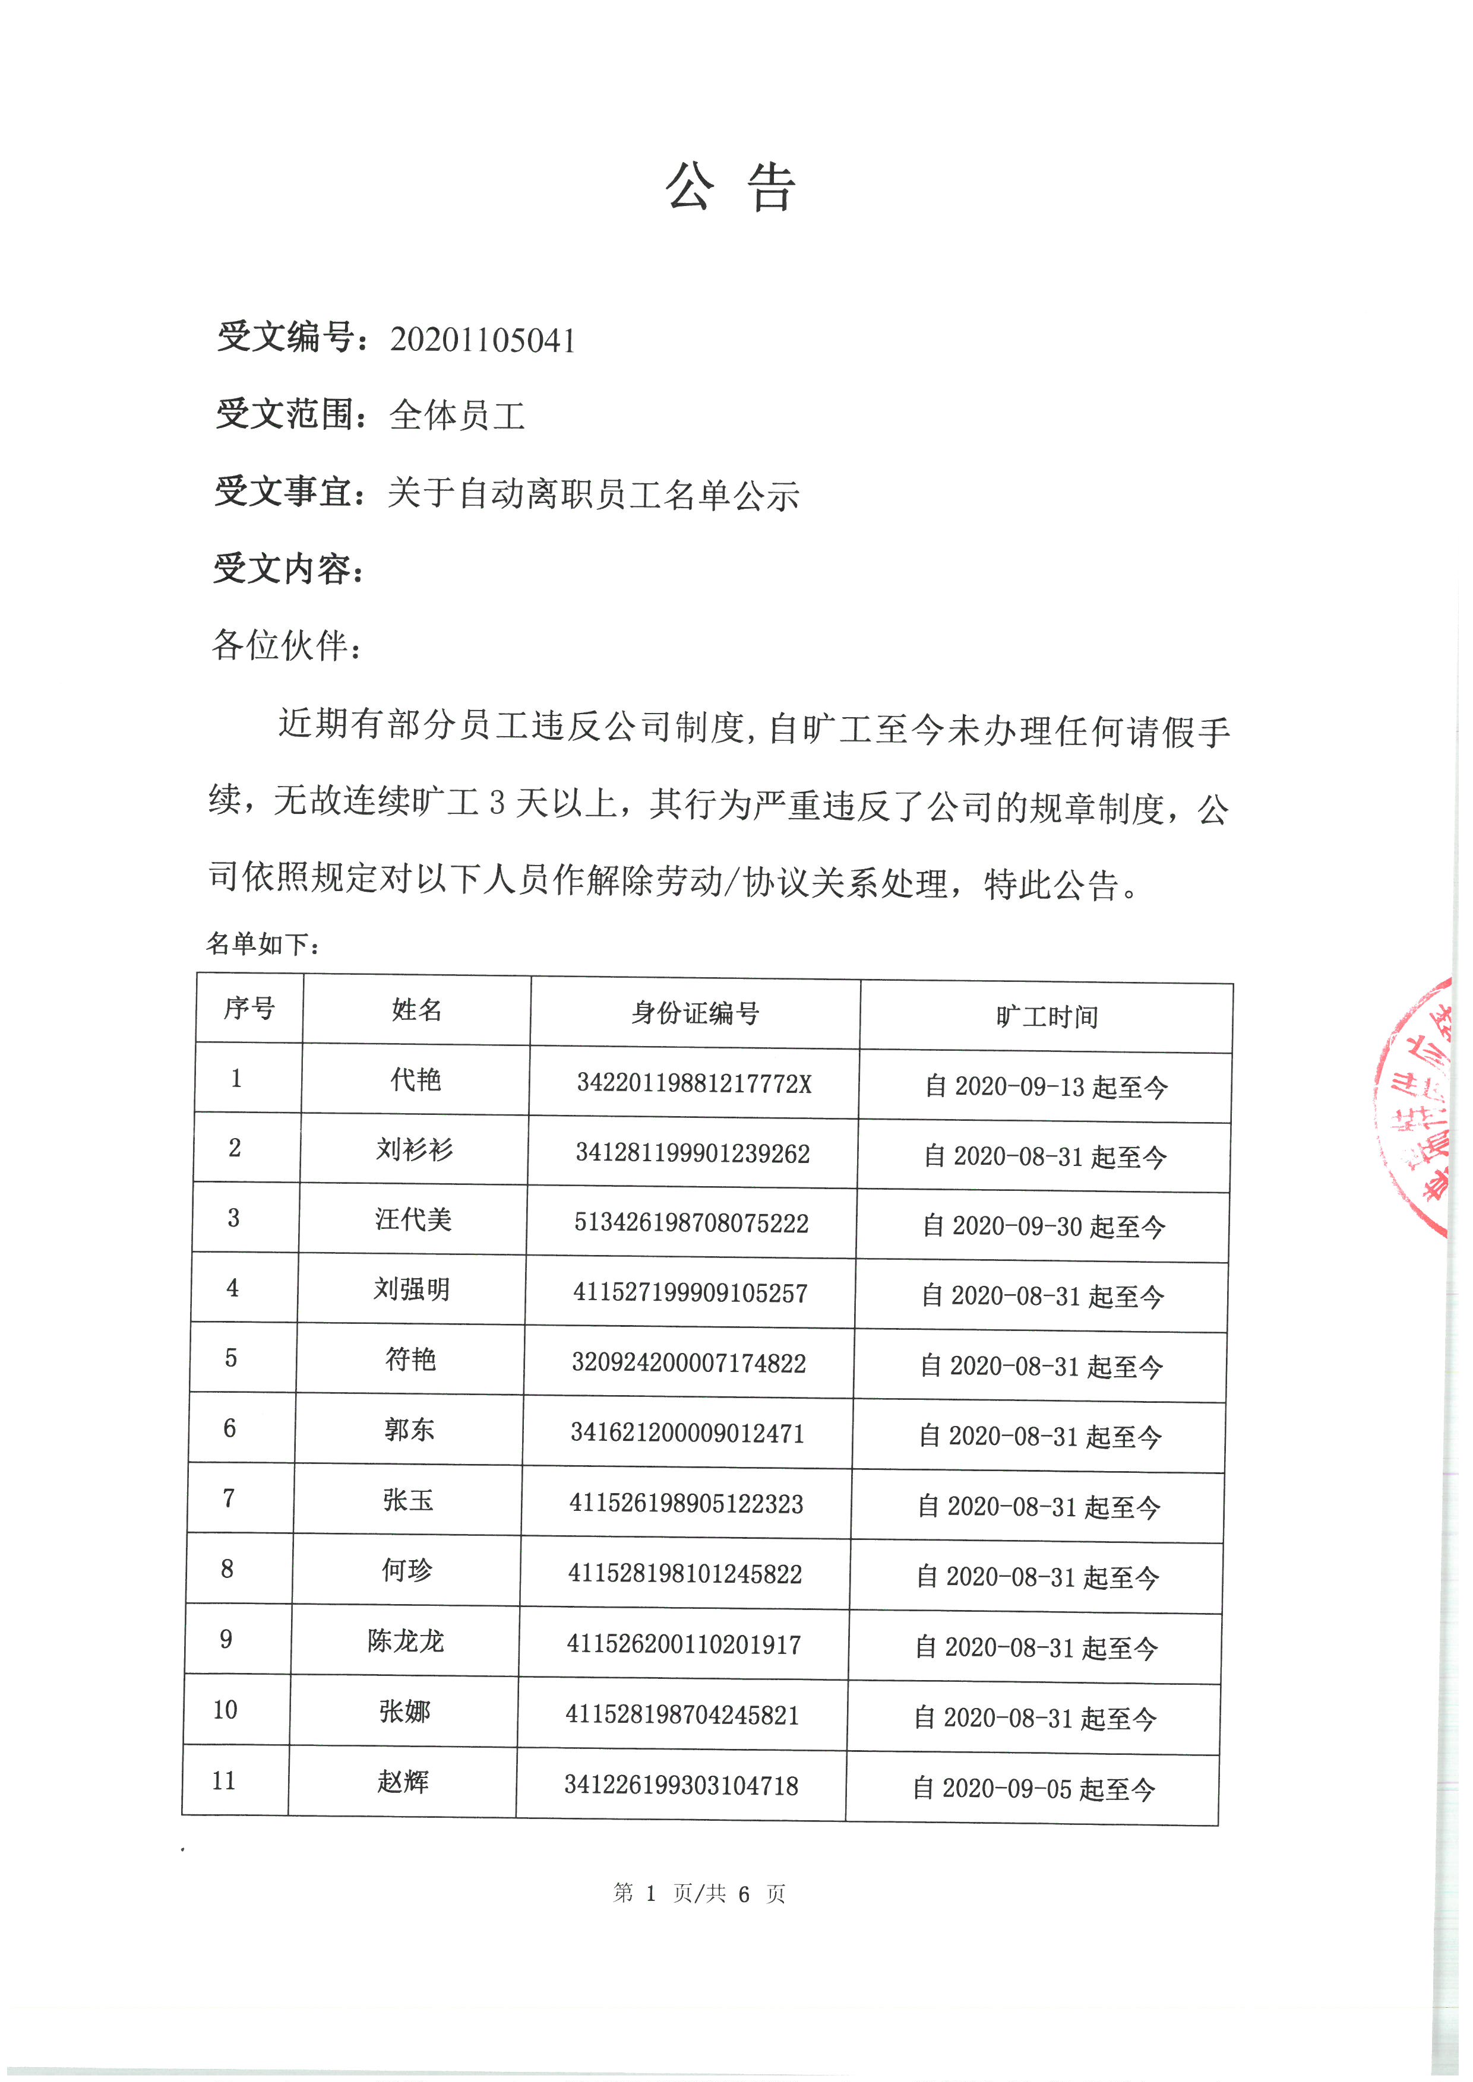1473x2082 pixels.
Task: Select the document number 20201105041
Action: pos(482,340)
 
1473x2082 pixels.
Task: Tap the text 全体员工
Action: pos(457,416)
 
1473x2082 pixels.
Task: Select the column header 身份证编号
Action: pos(695,1013)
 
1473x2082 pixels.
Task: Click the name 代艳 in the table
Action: pos(415,1080)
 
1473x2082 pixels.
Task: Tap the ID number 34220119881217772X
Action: pos(694,1083)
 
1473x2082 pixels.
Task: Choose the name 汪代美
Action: pos(413,1219)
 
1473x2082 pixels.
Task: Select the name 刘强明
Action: pos(412,1289)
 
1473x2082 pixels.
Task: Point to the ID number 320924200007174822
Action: pos(688,1363)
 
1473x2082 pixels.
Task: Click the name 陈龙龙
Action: pos(406,1641)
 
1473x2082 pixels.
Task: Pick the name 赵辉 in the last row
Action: pos(403,1782)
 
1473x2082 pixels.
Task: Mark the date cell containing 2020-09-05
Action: pos(1034,1789)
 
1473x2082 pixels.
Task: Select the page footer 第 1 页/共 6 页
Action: pos(699,1893)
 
